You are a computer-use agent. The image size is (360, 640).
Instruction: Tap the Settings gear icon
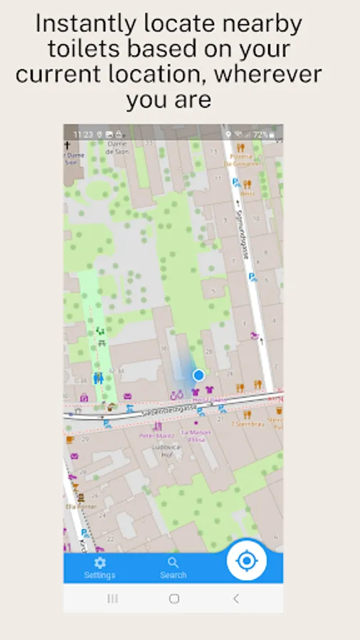click(x=100, y=562)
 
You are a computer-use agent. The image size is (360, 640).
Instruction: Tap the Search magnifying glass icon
click(x=173, y=563)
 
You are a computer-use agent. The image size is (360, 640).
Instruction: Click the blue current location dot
click(x=198, y=375)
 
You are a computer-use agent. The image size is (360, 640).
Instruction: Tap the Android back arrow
click(x=235, y=599)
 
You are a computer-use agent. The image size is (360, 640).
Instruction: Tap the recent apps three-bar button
click(x=112, y=599)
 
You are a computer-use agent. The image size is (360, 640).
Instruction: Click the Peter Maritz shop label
click(x=157, y=434)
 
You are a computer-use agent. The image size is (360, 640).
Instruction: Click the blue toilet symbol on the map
click(x=98, y=378)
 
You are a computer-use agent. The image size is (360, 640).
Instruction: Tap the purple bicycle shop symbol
click(x=177, y=394)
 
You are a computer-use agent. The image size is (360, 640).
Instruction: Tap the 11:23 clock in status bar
click(x=83, y=134)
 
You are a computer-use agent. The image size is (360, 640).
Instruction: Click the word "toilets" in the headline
click(x=80, y=49)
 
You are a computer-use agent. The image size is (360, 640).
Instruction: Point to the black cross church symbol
click(x=67, y=144)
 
